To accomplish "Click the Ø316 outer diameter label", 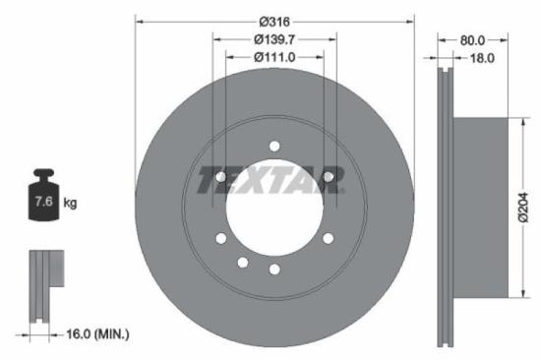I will pyautogui.click(x=273, y=21).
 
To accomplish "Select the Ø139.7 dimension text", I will pyautogui.click(x=273, y=39).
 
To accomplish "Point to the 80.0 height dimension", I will pyautogui.click(x=474, y=40).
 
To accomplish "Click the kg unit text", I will pyautogui.click(x=70, y=204).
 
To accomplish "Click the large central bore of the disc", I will pyautogui.click(x=273, y=209).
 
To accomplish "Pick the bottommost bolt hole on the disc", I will pyautogui.click(x=274, y=269).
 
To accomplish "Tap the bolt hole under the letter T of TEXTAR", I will pyautogui.click(x=220, y=177).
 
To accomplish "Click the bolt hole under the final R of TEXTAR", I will pyautogui.click(x=327, y=177).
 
